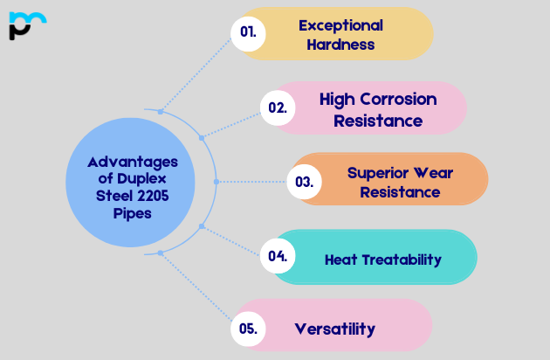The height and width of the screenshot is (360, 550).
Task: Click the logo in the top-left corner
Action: click(27, 25)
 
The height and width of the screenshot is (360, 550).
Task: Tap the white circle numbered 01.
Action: click(248, 33)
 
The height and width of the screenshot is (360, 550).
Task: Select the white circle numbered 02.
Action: click(278, 108)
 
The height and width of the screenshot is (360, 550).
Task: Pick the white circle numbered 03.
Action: click(304, 182)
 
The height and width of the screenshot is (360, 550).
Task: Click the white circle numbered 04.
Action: click(278, 256)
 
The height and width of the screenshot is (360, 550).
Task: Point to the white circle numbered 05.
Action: click(248, 329)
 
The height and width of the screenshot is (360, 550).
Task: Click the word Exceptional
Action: click(340, 24)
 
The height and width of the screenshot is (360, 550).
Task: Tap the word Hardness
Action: click(340, 44)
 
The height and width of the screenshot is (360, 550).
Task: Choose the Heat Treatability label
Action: click(382, 260)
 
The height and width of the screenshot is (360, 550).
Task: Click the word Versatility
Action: click(334, 329)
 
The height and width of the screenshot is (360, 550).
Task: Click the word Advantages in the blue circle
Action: click(133, 162)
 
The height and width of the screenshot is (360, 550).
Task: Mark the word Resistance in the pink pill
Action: click(378, 120)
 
